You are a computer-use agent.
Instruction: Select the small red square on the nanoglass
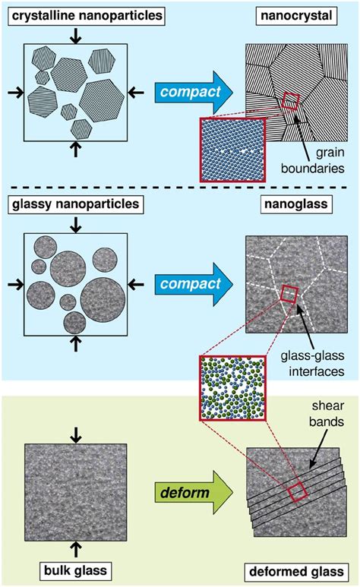pos(289,293)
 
